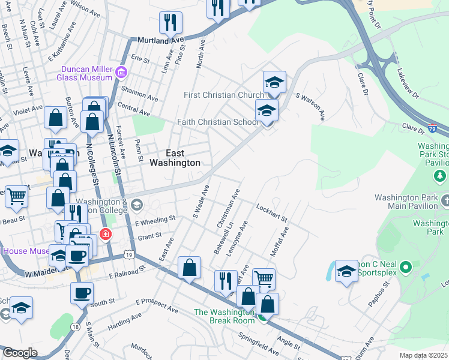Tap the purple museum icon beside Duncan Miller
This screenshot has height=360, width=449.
[121, 73]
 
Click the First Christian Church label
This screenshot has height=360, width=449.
[224, 95]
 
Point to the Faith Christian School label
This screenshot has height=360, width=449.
[218, 122]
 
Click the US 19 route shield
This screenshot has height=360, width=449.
[129, 255]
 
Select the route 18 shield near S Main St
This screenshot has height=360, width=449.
[74, 326]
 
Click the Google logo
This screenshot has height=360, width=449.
[19, 353]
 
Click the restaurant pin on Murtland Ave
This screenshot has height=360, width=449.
[171, 23]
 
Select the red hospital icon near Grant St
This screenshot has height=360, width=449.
[106, 233]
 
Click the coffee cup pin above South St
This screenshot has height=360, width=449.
[82, 293]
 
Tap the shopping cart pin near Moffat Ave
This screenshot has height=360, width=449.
[264, 279]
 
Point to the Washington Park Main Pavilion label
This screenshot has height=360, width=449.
[406, 202]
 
